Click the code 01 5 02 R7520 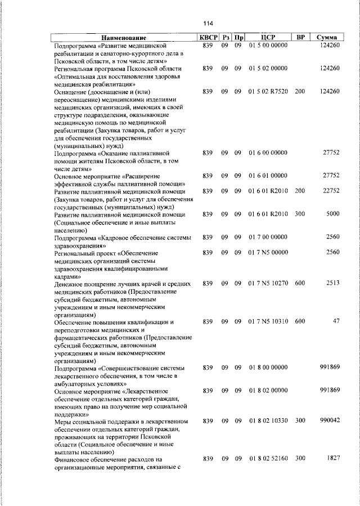click(x=268, y=91)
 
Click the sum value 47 click(x=336, y=321)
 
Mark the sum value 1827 click(x=333, y=459)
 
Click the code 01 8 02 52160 click(x=268, y=459)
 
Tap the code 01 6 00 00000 click(x=268, y=153)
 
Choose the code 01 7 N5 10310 click(x=268, y=321)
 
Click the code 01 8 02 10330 click(x=268, y=421)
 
